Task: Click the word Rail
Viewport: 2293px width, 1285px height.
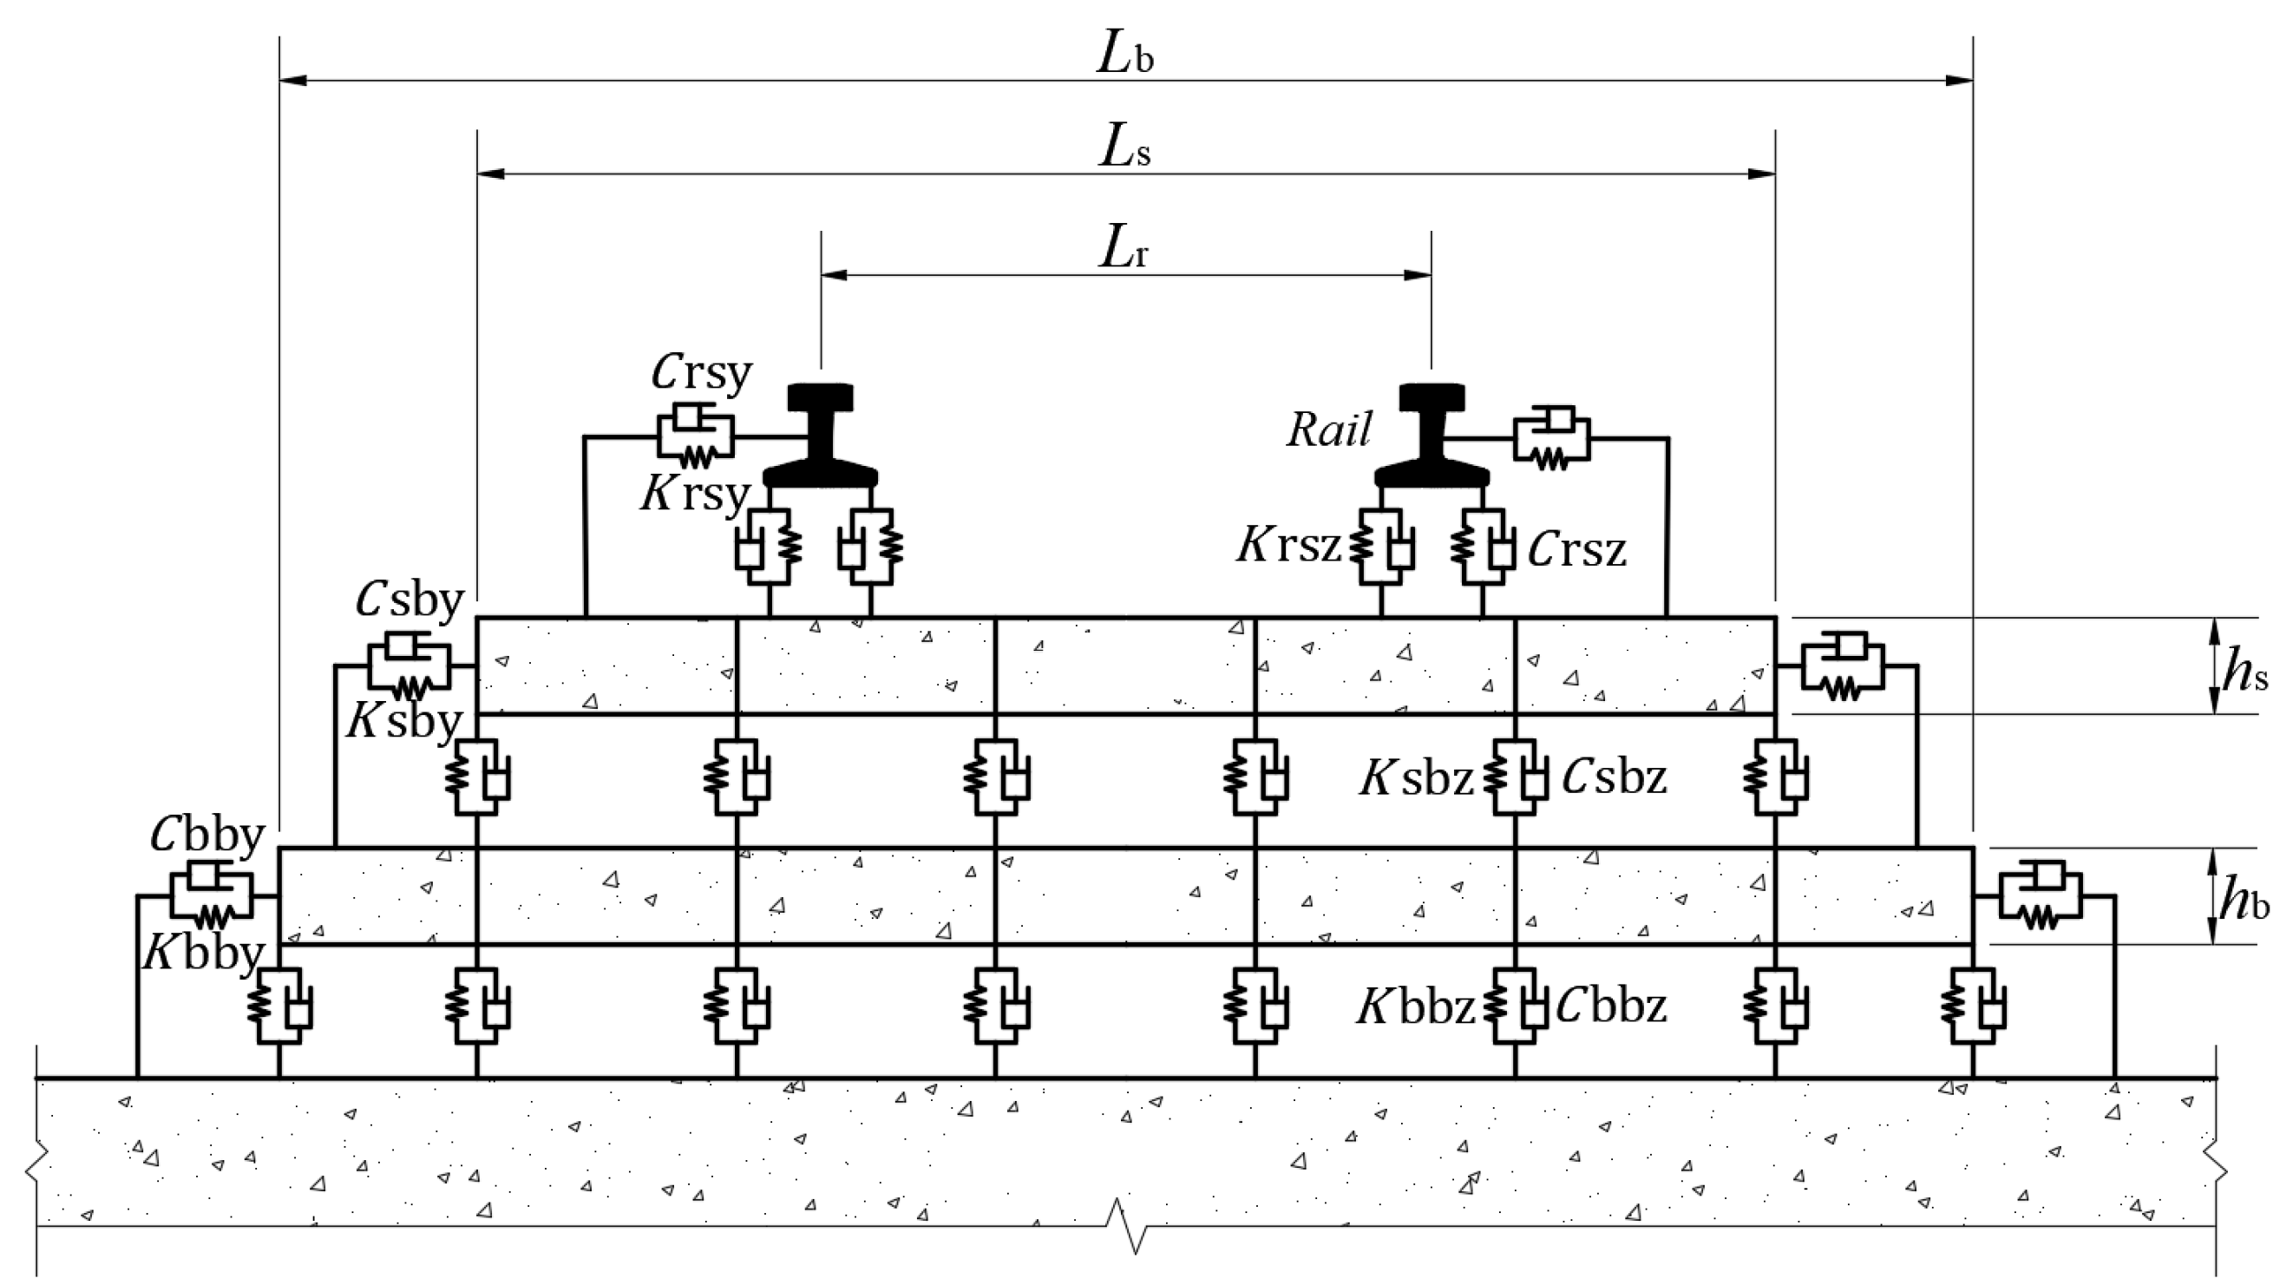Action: click(1330, 431)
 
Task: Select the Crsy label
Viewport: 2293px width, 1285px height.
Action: click(701, 372)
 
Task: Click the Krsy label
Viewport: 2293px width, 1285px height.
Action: click(695, 494)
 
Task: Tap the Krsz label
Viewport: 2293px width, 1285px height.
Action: click(1289, 545)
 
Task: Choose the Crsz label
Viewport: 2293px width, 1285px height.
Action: click(1577, 550)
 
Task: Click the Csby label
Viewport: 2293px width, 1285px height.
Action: click(409, 601)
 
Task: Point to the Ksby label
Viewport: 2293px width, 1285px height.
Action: click(405, 719)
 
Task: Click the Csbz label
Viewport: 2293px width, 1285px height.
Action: click(1614, 778)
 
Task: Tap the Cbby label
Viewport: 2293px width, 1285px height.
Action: click(207, 835)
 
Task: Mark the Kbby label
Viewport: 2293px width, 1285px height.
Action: click(204, 954)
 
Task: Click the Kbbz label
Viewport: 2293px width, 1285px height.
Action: click(1415, 1008)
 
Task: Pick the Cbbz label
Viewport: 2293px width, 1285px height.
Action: click(1612, 1006)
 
